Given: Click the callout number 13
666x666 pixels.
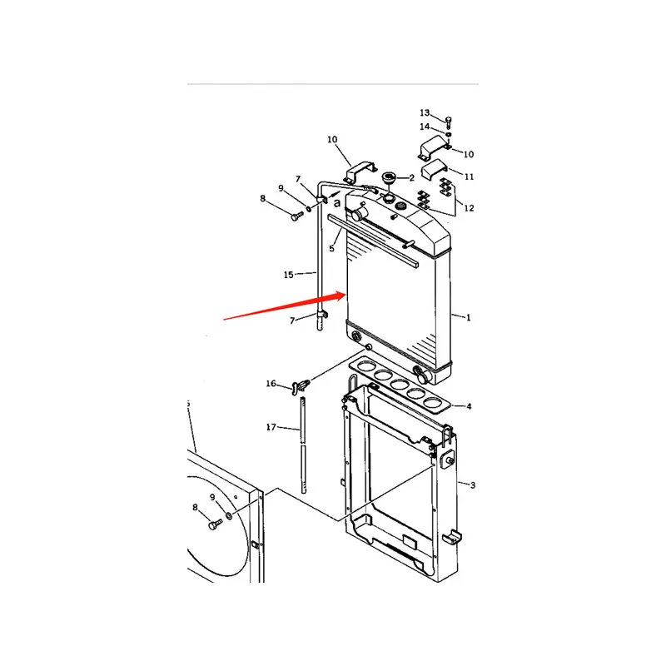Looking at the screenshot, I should [x=425, y=112].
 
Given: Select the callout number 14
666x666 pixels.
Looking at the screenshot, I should [x=425, y=127].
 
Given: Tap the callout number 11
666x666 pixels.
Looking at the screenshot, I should [x=470, y=176].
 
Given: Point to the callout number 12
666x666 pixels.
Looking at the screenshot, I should [x=470, y=207].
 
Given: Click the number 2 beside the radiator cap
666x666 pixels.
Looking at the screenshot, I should [x=410, y=178].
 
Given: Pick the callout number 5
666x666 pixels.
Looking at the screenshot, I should [x=332, y=247].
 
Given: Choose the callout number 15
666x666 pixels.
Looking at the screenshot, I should [x=289, y=274].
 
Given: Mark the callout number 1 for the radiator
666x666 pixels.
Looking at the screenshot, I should [x=468, y=317].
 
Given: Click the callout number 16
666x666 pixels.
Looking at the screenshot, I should [x=271, y=384].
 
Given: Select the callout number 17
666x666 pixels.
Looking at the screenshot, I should [x=271, y=427].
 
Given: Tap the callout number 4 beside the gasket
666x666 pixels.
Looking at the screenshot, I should [x=469, y=406].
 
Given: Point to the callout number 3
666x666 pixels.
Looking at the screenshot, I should [x=472, y=485].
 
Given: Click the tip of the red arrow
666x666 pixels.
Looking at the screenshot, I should [x=345, y=293].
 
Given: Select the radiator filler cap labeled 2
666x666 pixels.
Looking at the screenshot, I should [x=387, y=177].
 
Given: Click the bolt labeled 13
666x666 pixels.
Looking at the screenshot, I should [x=449, y=122].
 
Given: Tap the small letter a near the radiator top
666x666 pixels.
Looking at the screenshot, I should [x=336, y=202].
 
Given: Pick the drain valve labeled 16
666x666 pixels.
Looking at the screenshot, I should [x=300, y=385].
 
